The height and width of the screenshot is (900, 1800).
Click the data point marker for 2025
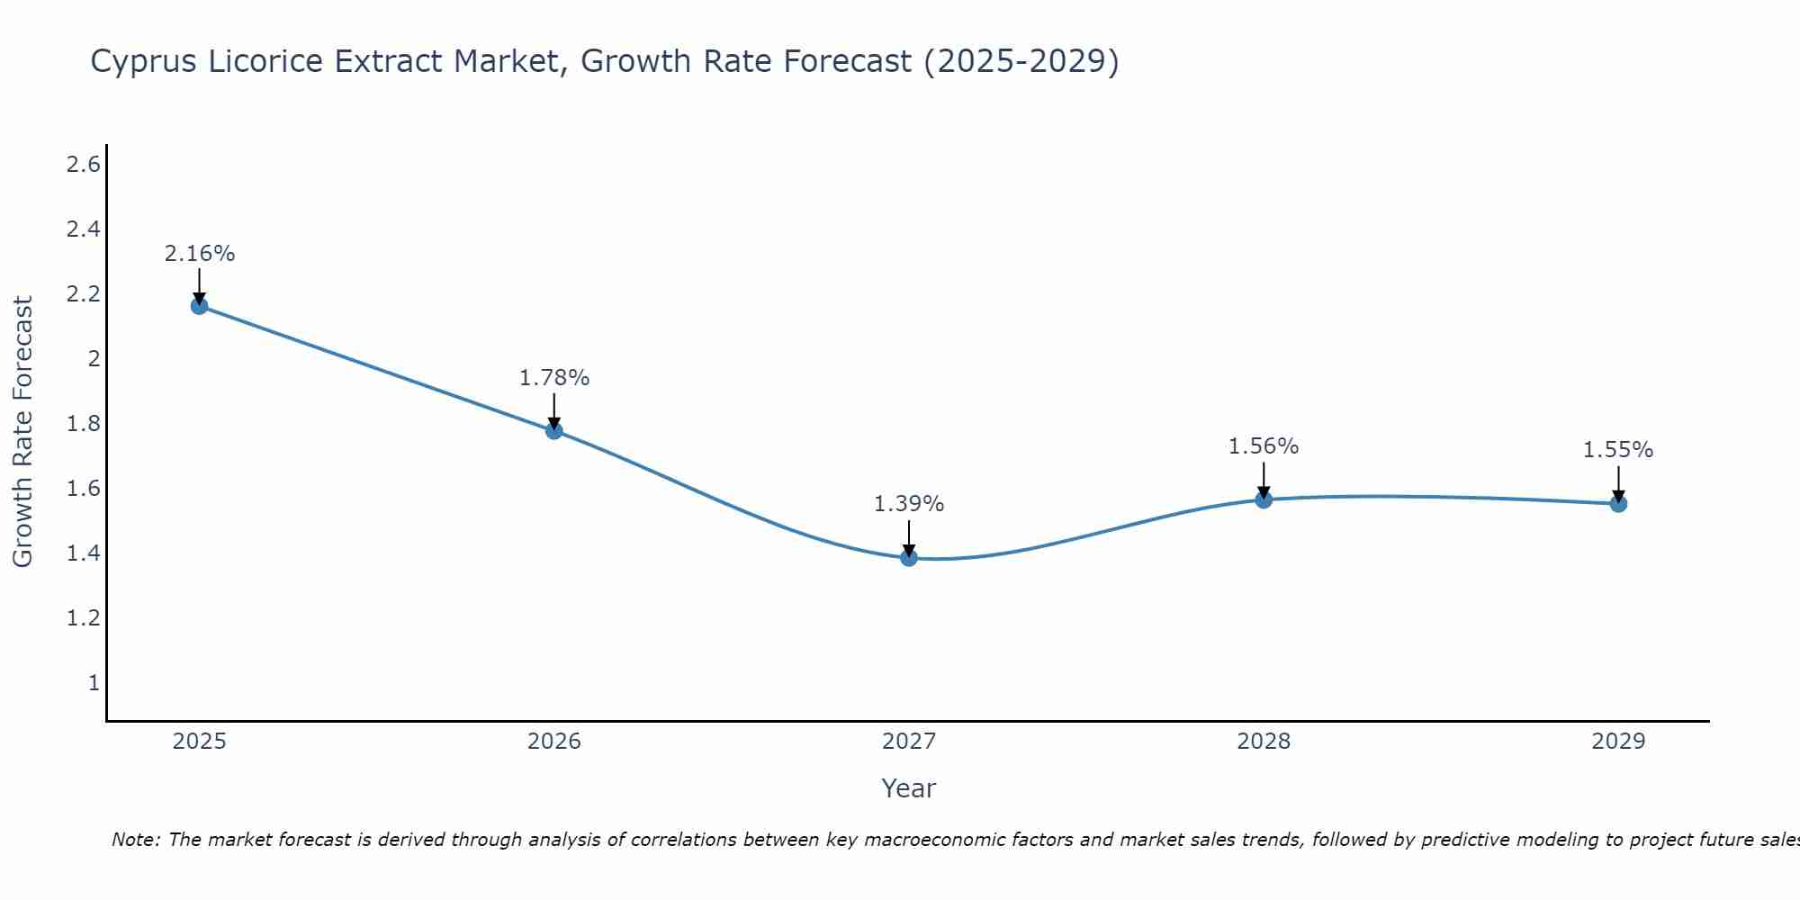[x=199, y=306]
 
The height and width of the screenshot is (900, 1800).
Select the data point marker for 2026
[x=553, y=430]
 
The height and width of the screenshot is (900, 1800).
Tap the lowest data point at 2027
[x=908, y=558]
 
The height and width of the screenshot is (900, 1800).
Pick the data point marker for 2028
[x=1264, y=499]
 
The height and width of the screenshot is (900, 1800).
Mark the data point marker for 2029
[x=1618, y=503]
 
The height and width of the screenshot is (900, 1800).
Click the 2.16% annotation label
[x=199, y=254]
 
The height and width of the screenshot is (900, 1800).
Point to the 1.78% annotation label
[x=553, y=378]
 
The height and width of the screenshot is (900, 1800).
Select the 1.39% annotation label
[x=908, y=504]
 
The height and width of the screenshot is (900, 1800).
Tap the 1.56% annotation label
[x=1264, y=446]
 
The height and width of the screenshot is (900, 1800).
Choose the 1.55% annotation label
[x=1618, y=450]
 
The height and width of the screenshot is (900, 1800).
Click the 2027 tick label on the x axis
[x=908, y=742]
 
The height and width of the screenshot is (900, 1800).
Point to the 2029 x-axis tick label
[x=1618, y=742]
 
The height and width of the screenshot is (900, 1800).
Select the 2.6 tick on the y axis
[x=83, y=165]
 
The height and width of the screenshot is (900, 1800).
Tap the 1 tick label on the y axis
[x=93, y=683]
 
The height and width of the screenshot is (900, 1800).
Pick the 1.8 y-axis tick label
[x=83, y=424]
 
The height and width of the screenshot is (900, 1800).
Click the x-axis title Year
[x=908, y=788]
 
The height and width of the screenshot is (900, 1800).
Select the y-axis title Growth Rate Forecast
[x=22, y=432]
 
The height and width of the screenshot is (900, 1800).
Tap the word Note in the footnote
[x=135, y=840]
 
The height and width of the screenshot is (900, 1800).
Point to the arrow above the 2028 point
[x=1264, y=480]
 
